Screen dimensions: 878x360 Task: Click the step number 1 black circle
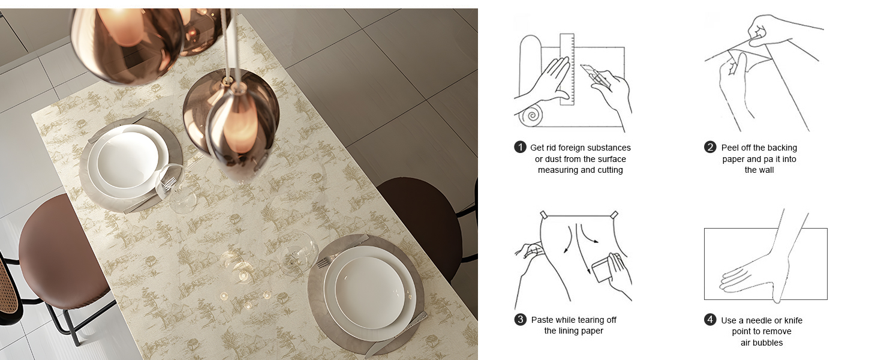point(520,148)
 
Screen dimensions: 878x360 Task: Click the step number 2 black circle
point(710,147)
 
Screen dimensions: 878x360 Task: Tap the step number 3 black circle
point(520,319)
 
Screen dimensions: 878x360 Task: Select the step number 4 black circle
point(710,320)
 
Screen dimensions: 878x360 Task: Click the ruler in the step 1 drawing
point(567,70)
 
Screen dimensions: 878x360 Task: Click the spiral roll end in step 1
point(532,115)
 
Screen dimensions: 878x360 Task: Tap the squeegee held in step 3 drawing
point(603,268)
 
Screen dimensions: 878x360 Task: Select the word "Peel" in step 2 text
point(729,148)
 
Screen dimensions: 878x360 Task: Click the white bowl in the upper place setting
point(128,160)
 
